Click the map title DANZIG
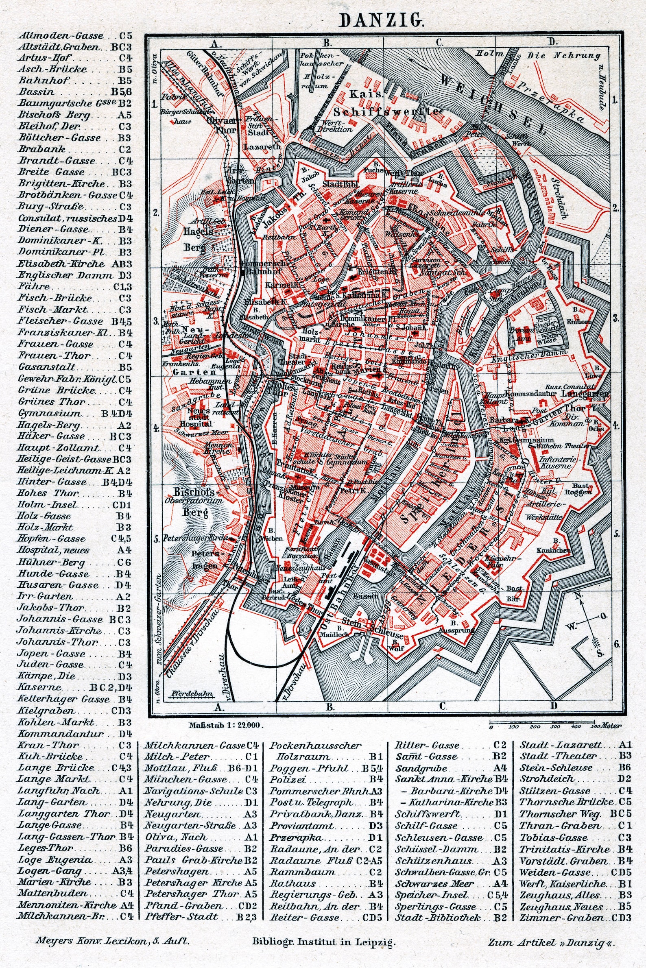click(x=381, y=20)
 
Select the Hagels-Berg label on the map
click(x=199, y=239)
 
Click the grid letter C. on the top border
click(x=439, y=42)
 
